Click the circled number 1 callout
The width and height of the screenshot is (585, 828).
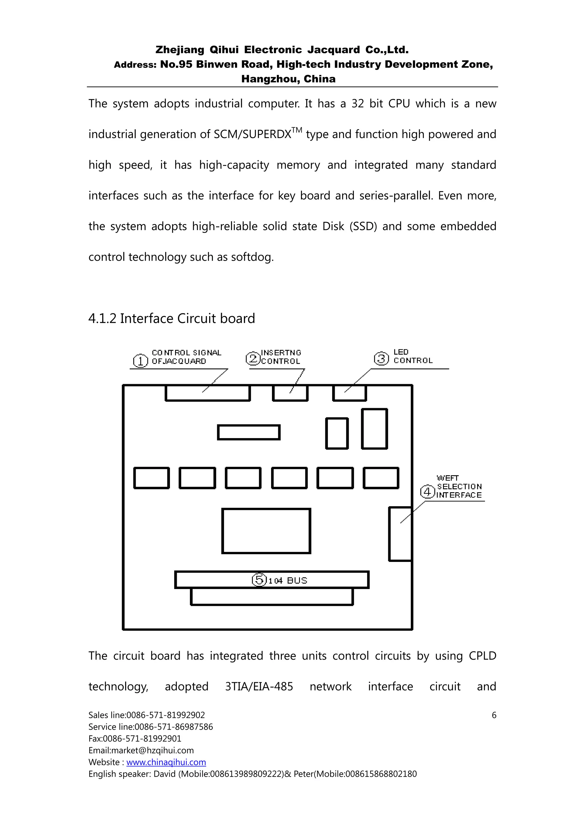tap(140, 361)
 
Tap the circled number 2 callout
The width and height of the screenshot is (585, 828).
tap(253, 358)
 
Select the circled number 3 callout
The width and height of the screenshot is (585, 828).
tap(381, 358)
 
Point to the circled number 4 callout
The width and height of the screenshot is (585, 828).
tap(428, 492)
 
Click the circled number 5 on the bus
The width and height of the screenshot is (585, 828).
tap(259, 580)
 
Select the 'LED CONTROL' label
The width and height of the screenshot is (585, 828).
tap(413, 356)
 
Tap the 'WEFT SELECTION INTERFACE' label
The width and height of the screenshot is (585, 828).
tap(459, 486)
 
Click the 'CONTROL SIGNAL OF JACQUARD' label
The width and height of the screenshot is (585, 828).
tap(186, 357)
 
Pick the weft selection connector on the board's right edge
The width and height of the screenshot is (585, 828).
tap(400, 534)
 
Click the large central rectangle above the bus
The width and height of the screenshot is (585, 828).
tap(266, 531)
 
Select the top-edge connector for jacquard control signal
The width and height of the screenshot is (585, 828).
tap(208, 393)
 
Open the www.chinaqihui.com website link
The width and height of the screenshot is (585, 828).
tap(166, 762)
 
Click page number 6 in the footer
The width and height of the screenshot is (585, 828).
tap(494, 715)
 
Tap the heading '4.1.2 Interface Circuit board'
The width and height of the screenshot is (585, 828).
tap(172, 318)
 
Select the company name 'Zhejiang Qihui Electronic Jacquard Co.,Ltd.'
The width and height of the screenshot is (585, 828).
tap(282, 50)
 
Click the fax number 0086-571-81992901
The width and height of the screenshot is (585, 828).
tap(142, 739)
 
